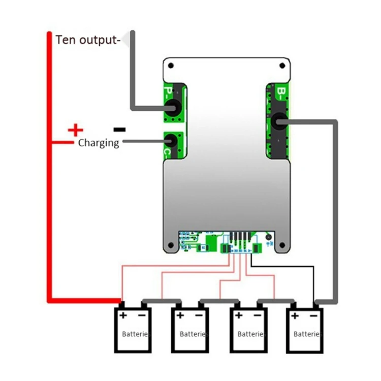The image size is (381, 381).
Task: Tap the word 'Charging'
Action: [99, 143]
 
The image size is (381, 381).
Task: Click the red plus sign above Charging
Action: [75, 130]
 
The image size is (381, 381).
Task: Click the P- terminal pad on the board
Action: [173, 107]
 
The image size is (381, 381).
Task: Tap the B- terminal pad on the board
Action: [278, 121]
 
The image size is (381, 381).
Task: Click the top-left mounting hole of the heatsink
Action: [171, 66]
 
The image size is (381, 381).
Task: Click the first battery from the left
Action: [133, 330]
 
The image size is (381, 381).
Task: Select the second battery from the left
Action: [190, 330]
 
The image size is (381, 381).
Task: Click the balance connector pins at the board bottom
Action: [240, 238]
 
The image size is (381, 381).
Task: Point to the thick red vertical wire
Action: [50, 168]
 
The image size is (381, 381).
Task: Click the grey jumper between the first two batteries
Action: [161, 300]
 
